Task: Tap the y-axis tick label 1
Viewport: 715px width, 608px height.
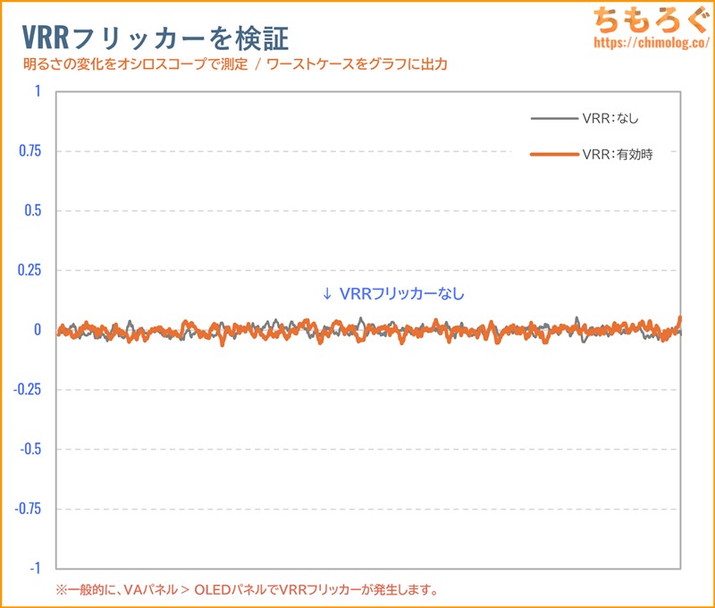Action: tap(38, 91)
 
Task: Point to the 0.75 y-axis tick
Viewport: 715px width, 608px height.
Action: tap(30, 151)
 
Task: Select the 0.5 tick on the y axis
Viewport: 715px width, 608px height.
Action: tap(33, 211)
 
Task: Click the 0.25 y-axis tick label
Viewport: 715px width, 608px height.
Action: tap(30, 271)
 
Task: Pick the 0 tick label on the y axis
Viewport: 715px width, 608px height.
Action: tap(38, 330)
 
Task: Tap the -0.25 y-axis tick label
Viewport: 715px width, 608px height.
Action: tap(28, 390)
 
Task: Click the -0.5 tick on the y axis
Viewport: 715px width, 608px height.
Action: tap(30, 449)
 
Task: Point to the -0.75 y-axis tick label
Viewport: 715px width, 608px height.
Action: tap(28, 509)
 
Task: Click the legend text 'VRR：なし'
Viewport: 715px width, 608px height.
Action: tap(610, 118)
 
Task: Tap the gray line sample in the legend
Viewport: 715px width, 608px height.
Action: tap(553, 118)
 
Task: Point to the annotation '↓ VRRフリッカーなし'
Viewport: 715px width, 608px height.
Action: tap(393, 292)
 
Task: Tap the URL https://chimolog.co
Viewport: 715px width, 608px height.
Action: tap(649, 42)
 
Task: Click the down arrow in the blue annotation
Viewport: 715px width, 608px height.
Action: tap(327, 292)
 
